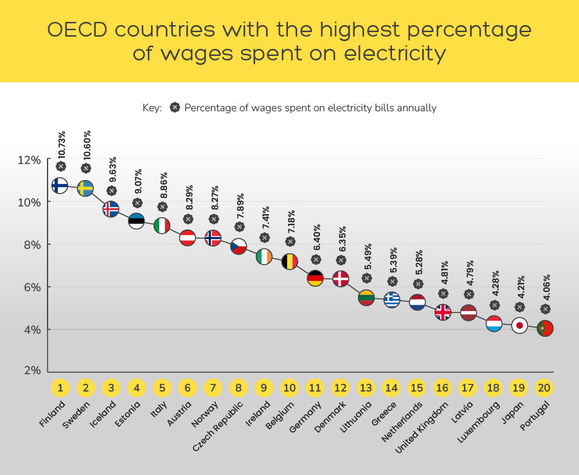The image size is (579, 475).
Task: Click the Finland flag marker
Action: pos(60,186)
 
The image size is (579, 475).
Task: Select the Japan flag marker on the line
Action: pos(519,326)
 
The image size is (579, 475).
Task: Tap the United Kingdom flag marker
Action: pos(443,312)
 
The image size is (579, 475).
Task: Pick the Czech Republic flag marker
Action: pos(238,246)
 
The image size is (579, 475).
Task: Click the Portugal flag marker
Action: pos(545,328)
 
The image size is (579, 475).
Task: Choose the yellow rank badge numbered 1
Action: pos(60,388)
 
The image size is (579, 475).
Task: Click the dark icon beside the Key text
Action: pos(174,107)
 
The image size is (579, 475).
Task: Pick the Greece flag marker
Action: pos(392,299)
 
